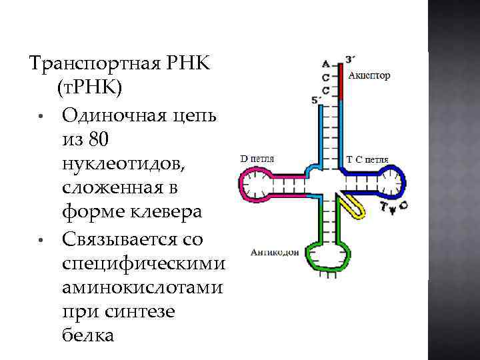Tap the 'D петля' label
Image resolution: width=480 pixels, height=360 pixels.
tap(257, 159)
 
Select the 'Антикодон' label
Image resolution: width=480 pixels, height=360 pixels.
tap(274, 252)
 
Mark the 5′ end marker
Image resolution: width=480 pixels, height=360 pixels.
tap(316, 100)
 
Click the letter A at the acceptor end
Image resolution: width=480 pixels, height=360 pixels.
tap(325, 64)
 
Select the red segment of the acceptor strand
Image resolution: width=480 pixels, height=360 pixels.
tap(340, 80)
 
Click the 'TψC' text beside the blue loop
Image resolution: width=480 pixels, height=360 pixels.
tap(395, 207)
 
